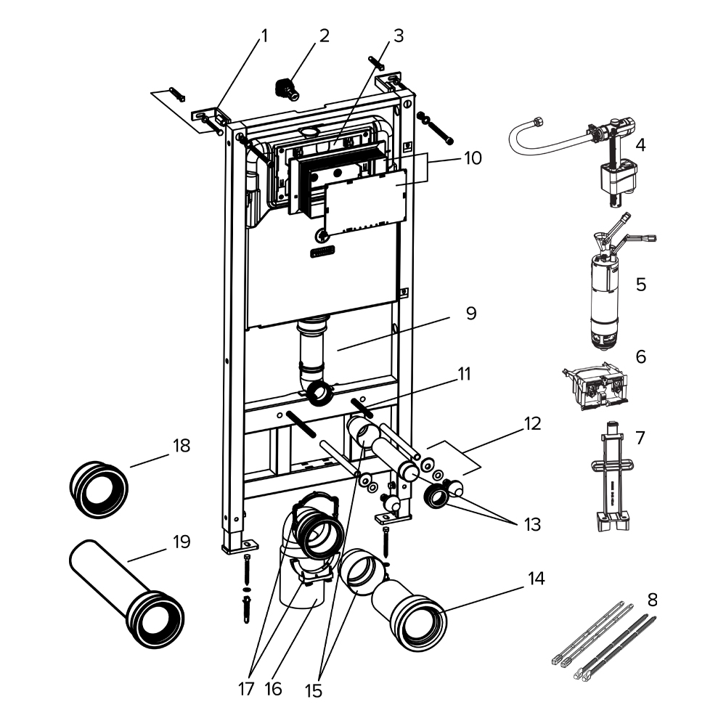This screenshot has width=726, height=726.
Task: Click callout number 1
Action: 264,36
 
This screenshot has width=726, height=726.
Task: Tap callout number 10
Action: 473,158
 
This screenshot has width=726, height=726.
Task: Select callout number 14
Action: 537,579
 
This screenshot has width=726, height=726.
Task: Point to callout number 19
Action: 181,542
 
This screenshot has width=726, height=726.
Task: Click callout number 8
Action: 653,600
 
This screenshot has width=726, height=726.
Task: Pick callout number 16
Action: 273,688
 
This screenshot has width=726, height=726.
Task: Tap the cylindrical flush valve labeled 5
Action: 610,281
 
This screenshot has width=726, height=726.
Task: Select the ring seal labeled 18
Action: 99,489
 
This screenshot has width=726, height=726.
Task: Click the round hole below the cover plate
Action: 321,236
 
